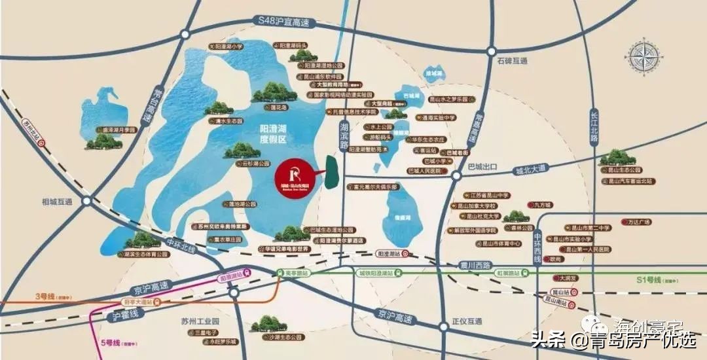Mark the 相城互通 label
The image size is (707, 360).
point(56,201)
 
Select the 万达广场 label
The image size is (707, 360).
point(639,223)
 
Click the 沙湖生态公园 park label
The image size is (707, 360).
point(287,336)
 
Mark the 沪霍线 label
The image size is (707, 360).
point(124,316)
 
